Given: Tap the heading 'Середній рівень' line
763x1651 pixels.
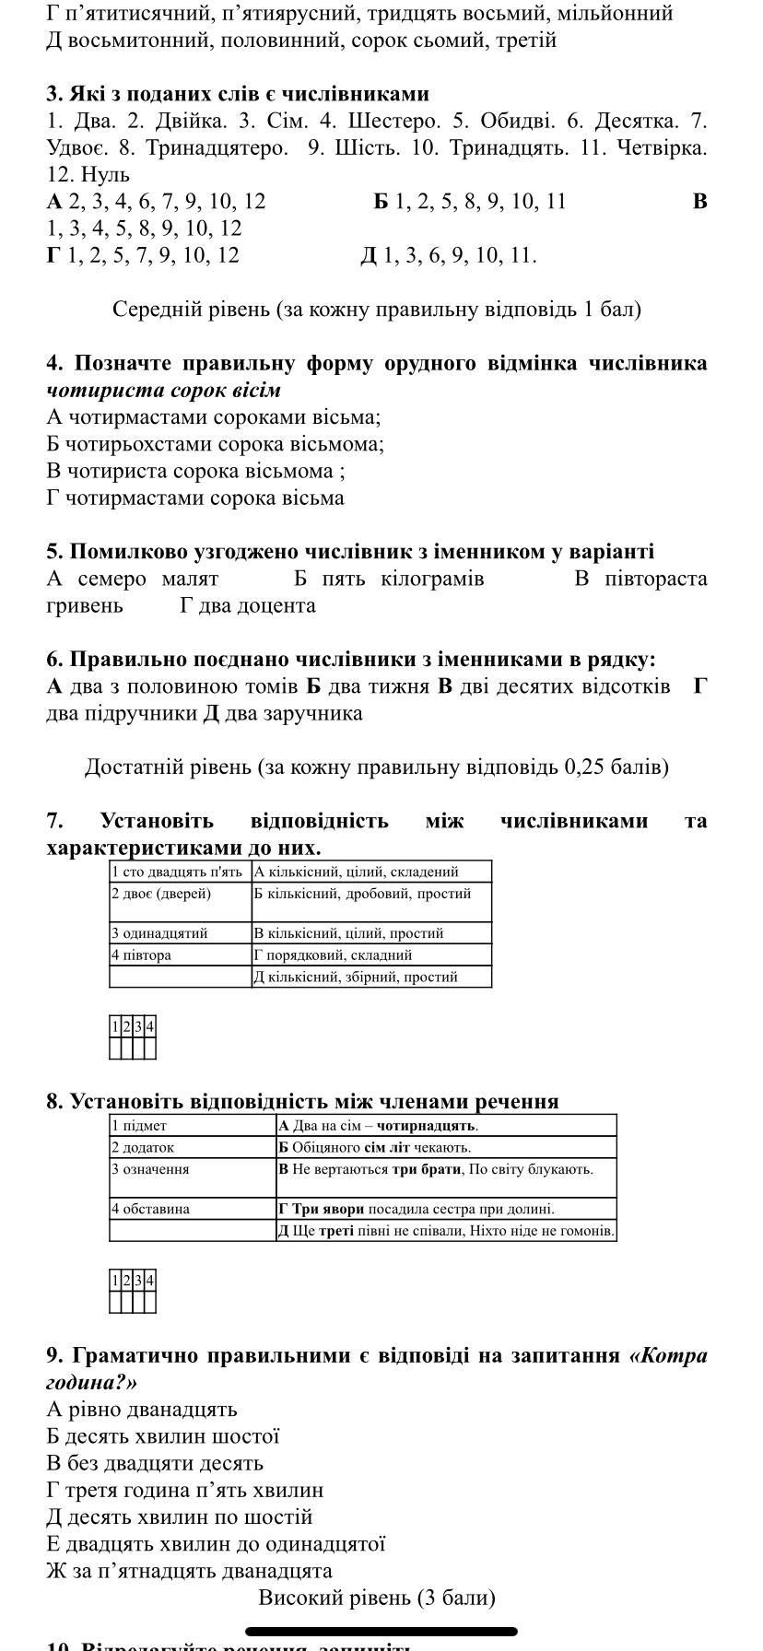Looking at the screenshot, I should [x=376, y=309].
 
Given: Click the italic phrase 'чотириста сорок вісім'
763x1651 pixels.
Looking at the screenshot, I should [x=163, y=390].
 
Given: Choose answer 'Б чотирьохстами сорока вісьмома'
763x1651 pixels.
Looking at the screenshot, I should [x=216, y=444].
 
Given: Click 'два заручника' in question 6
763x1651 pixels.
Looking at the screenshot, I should [x=282, y=713].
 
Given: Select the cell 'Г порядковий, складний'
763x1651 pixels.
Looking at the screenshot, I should [x=333, y=955].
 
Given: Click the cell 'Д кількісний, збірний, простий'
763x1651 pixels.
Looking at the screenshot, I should [x=356, y=977].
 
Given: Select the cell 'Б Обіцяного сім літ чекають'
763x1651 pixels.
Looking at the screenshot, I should [x=374, y=1147].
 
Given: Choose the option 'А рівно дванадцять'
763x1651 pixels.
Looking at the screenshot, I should [x=142, y=1410].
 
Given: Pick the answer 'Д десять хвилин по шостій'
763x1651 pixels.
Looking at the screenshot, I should [x=180, y=1516].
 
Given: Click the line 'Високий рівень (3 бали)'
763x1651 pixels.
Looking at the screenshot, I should [x=376, y=1598].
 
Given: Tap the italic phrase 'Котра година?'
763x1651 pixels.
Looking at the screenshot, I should [x=668, y=1356].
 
